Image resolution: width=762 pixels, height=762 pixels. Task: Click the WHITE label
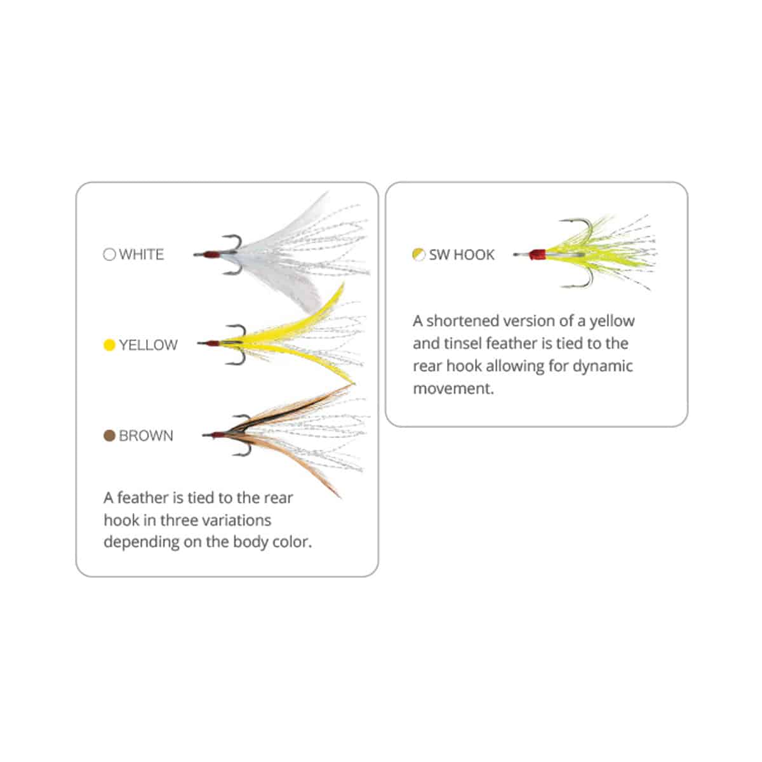coord(141,254)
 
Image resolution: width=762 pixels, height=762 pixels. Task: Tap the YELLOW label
coord(149,345)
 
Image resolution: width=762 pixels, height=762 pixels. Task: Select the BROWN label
coord(146,436)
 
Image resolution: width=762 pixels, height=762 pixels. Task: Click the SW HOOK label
coord(462,255)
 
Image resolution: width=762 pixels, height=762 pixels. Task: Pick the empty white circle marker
coord(109,254)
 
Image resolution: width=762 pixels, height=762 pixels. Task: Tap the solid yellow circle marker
coord(109,345)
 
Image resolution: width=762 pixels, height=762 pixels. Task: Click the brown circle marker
coord(109,436)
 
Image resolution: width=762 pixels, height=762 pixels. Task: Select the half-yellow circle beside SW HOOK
coord(418,255)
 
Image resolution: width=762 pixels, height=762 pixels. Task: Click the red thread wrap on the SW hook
coord(538,255)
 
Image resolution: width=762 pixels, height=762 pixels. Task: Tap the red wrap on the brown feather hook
coord(218,436)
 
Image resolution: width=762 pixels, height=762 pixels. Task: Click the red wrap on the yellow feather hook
coord(213,344)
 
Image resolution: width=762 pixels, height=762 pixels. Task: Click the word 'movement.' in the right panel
coord(453,389)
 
